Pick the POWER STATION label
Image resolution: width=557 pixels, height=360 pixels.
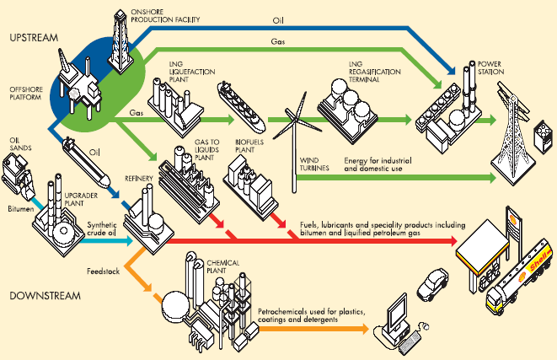(x=492, y=68)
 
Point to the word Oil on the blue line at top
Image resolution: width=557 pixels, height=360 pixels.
(x=279, y=17)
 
